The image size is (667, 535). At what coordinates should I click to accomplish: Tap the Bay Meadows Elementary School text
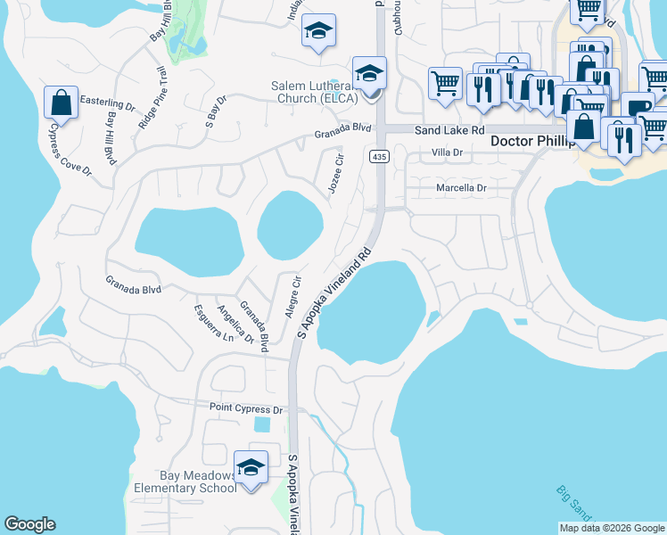185,481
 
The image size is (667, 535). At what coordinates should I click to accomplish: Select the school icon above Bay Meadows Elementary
251,468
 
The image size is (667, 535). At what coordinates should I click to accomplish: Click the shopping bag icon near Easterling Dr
61,103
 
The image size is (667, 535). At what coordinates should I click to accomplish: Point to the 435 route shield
379,157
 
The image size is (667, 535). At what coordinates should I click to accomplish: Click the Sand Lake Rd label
448,130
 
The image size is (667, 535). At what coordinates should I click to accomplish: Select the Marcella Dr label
460,188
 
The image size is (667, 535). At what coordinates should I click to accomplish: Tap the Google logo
29,524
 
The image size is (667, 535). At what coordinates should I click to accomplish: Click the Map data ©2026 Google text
612,528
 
